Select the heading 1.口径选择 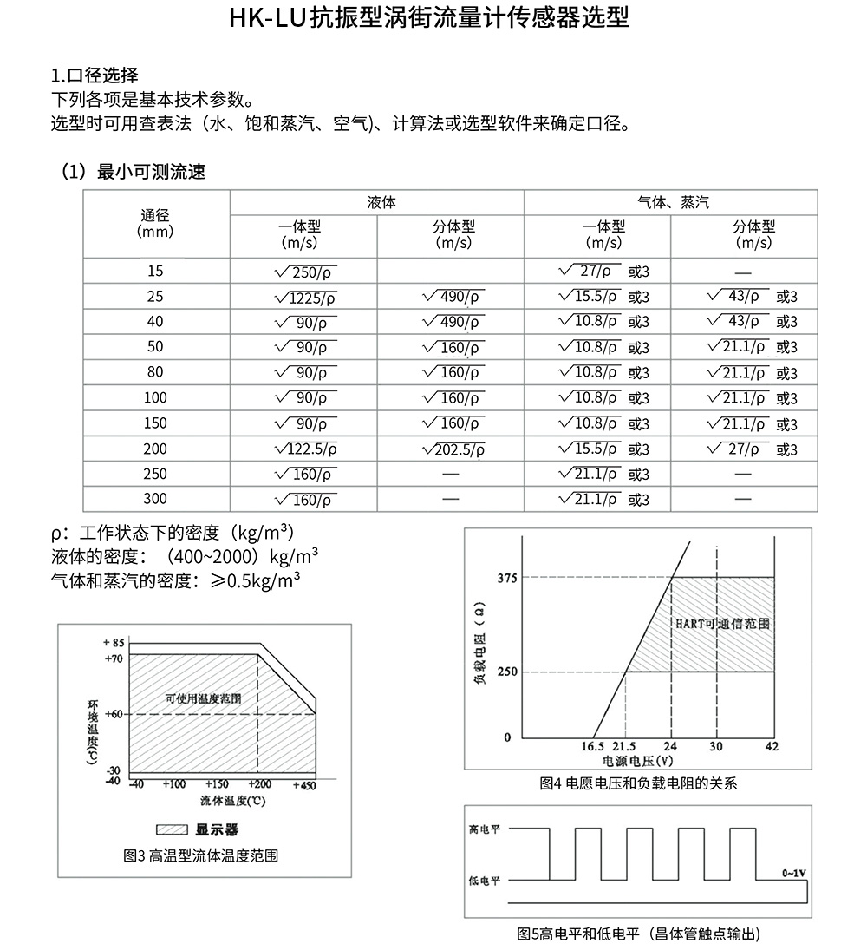[95, 75]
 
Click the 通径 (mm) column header [155, 224]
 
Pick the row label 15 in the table [155, 271]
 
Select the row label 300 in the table [155, 499]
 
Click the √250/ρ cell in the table [304, 272]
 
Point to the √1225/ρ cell [304, 298]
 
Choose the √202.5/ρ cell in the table [453, 450]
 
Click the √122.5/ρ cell [304, 450]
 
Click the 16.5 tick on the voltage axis [592, 746]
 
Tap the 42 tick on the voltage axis [772, 746]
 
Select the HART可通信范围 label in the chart [723, 623]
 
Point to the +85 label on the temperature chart [114, 643]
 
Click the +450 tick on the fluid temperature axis [304, 784]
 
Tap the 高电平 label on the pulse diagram [484, 829]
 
